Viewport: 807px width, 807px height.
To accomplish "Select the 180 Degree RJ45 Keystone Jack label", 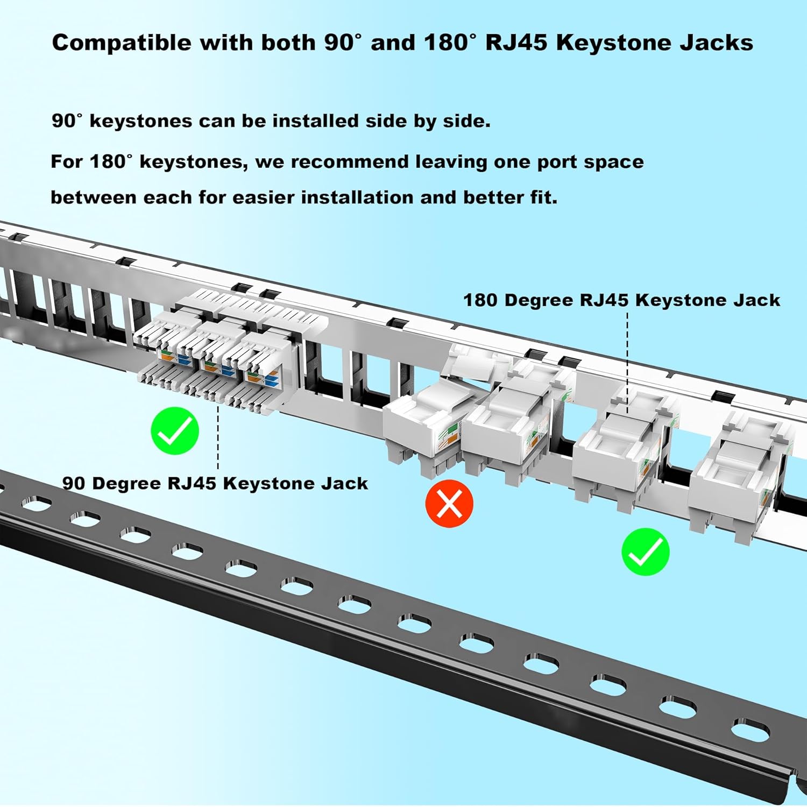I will [x=621, y=300].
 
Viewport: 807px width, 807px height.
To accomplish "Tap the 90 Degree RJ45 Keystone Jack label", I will [x=215, y=483].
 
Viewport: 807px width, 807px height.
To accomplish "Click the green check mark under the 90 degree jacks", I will [x=175, y=431].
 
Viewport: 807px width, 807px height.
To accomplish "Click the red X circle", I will [x=449, y=504].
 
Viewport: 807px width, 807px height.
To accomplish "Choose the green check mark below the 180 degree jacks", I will [x=645, y=552].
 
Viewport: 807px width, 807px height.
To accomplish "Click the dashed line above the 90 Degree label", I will [x=218, y=436].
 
